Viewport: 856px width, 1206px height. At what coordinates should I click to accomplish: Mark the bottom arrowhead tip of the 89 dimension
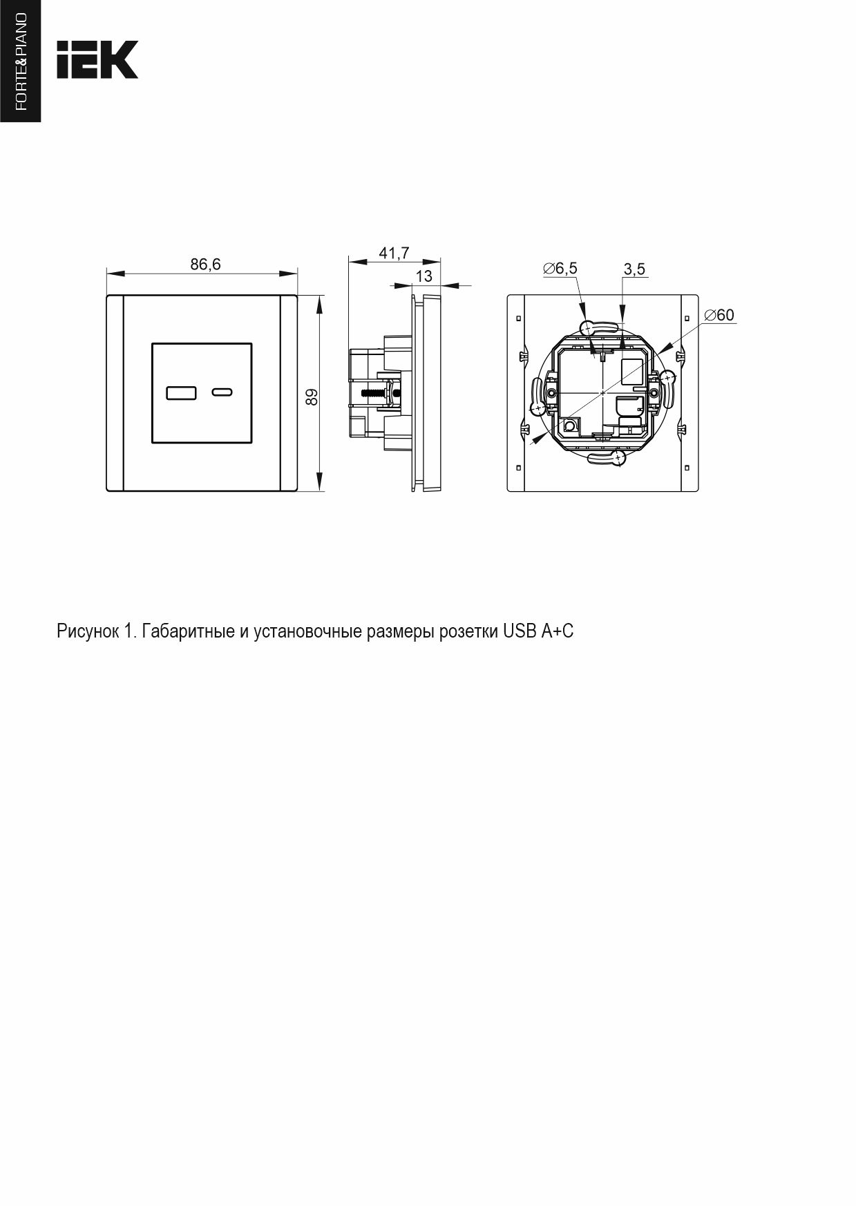[319, 491]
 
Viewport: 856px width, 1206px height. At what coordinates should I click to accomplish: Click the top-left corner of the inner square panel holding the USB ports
[152, 343]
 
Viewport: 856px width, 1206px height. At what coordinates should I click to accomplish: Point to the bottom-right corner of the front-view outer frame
[297, 491]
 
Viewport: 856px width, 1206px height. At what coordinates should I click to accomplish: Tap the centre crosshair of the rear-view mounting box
[603, 392]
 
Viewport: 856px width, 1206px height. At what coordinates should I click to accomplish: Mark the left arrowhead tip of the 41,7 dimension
[349, 261]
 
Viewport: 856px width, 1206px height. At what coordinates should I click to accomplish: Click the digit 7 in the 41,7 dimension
[405, 253]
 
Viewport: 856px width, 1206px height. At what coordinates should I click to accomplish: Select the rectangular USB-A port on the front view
[181, 393]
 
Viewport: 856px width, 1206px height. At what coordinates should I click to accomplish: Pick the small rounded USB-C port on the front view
[221, 393]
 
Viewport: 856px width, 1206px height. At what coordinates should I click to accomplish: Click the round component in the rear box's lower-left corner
[570, 425]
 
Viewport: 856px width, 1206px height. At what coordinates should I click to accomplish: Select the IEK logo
[97, 59]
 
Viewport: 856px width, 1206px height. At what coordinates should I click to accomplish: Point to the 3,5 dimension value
[634, 269]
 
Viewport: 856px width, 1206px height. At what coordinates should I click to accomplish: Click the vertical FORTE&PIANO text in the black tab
[21, 61]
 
